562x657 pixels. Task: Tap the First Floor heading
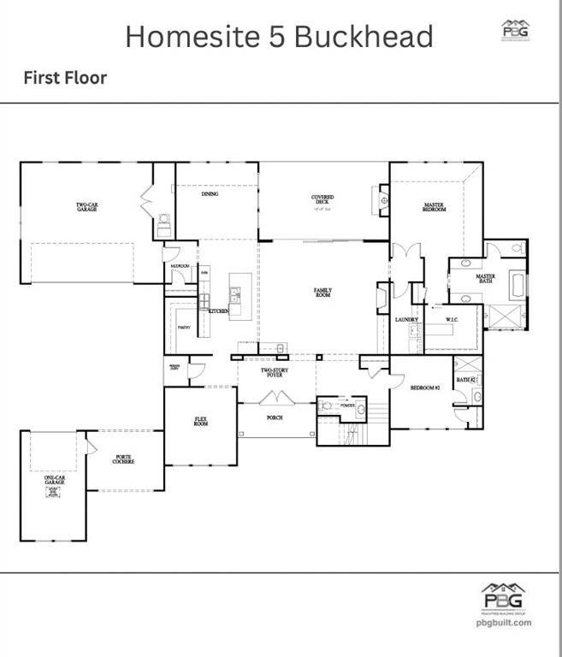65,78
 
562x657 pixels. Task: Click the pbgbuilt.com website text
504,622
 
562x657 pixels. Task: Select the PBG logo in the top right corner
514,30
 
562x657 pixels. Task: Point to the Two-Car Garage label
86,207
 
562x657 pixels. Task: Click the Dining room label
210,194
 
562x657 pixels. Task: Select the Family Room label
322,293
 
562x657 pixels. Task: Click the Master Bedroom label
435,207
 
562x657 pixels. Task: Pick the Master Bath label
486,279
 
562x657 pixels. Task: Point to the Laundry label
405,320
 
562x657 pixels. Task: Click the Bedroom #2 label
425,388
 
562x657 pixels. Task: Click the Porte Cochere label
125,460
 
